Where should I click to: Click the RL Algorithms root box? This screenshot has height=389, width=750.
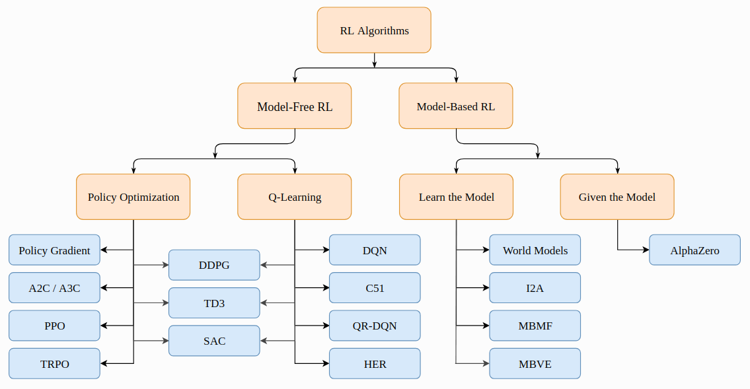(x=374, y=30)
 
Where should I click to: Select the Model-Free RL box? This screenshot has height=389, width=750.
(x=295, y=106)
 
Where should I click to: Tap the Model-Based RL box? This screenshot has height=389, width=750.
(x=456, y=106)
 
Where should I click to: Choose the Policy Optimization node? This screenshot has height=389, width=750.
(x=133, y=197)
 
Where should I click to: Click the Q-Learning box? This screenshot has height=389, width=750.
(x=295, y=197)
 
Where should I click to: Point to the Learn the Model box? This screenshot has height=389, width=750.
(x=456, y=197)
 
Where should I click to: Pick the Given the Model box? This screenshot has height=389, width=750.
(x=617, y=197)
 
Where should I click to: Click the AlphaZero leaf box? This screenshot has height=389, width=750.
(x=694, y=250)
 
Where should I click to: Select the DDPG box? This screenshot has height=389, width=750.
(x=214, y=265)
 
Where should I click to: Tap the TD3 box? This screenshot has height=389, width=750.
(x=214, y=303)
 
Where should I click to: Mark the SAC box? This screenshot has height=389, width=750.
(x=214, y=341)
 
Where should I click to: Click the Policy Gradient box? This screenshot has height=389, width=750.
(x=54, y=250)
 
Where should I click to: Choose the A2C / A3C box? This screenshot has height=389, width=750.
(x=54, y=288)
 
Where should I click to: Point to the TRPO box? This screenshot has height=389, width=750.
(x=54, y=364)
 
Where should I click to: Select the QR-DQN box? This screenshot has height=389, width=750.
(x=375, y=326)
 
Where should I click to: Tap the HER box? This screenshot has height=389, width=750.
(x=375, y=364)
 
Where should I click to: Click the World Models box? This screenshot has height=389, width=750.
(x=535, y=250)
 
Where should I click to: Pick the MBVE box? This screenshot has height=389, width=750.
(x=535, y=364)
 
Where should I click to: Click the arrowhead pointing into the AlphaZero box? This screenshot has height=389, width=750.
(x=646, y=250)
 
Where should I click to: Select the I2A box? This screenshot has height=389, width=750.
(x=535, y=288)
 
